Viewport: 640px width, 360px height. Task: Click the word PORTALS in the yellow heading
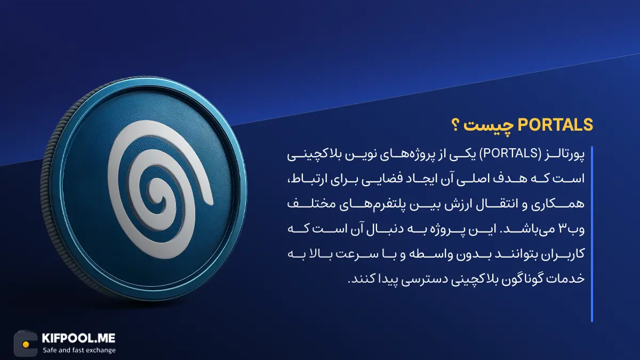click(x=555, y=125)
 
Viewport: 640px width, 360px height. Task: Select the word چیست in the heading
click(x=490, y=126)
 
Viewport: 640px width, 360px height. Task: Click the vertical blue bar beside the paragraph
click(x=591, y=234)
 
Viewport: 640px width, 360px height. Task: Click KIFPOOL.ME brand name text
click(x=78, y=338)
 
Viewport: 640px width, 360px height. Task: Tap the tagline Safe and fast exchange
click(x=79, y=350)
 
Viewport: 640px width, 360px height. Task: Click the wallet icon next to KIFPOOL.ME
click(x=26, y=343)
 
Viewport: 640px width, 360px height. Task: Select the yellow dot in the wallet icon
click(x=26, y=345)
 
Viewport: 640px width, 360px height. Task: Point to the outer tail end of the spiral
click(x=209, y=202)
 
